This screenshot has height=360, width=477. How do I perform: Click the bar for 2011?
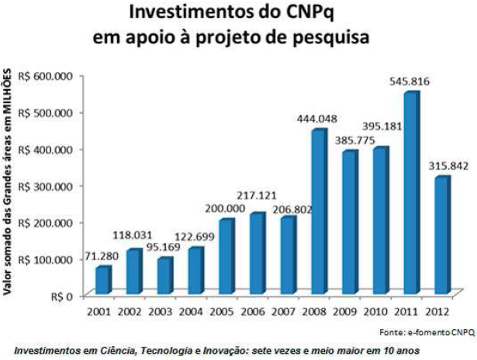410,194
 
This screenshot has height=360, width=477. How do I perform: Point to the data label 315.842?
444,165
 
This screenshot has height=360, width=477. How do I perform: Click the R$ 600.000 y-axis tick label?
45,76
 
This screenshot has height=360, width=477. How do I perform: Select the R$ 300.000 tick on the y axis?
45,186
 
